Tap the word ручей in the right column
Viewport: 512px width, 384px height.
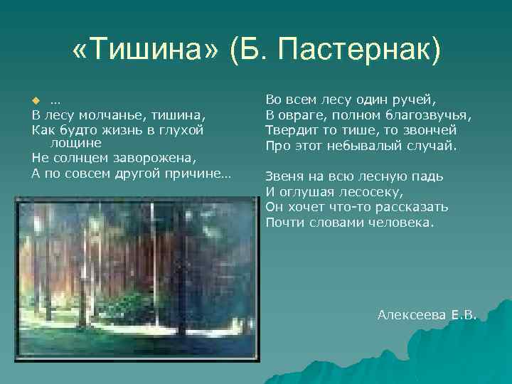pos(417,100)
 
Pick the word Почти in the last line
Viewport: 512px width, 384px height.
pos(284,223)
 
